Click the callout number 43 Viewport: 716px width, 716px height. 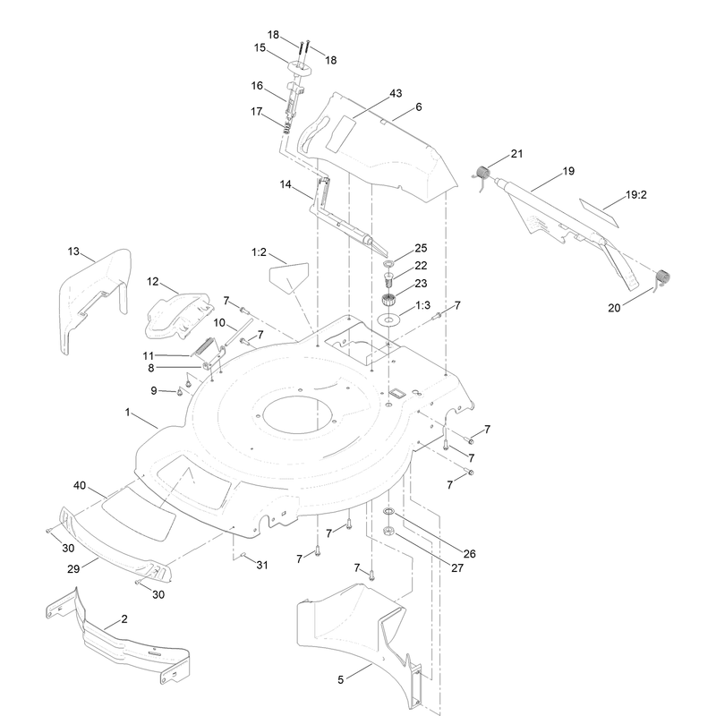pyautogui.click(x=396, y=93)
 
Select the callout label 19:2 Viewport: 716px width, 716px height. pyautogui.click(x=636, y=195)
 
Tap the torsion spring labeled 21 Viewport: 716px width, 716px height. pyautogui.click(x=482, y=174)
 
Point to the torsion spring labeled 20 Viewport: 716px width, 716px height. pyautogui.click(x=662, y=277)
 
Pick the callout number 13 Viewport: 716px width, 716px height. pyautogui.click(x=73, y=251)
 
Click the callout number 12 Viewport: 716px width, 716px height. pyautogui.click(x=152, y=281)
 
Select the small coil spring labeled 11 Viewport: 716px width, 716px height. pyautogui.click(x=204, y=347)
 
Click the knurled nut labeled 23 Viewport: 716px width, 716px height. pyautogui.click(x=388, y=301)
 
